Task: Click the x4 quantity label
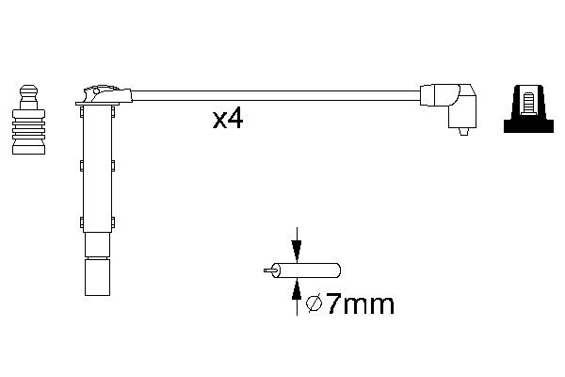pos(228,119)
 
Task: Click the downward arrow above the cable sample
pos(298,248)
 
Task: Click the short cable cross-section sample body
pos(303,270)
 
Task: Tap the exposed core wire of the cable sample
pos(269,270)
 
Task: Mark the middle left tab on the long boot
pos(81,166)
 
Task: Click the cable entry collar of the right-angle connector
pos(427,95)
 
